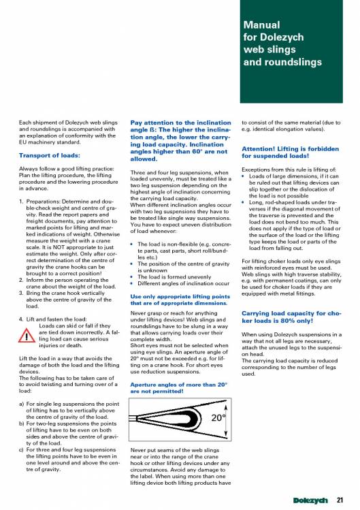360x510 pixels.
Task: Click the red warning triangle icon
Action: (27, 335)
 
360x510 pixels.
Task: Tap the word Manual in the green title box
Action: (261, 25)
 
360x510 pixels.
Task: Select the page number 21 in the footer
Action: (340, 500)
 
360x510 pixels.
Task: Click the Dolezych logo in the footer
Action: (310, 500)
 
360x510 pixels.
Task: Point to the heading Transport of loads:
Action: (50, 155)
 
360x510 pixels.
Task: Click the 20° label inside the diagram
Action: (218, 417)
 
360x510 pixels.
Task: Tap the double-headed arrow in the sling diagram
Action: (226, 419)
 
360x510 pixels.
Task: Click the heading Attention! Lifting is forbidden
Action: (291, 153)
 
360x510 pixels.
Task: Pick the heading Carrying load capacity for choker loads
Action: (291, 317)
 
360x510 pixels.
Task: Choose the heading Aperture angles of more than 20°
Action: (178, 387)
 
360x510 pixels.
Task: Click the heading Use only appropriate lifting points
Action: (180, 300)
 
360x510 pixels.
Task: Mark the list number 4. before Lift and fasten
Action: (21, 319)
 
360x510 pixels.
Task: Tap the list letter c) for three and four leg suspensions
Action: (22, 449)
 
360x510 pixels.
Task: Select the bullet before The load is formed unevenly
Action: (132, 277)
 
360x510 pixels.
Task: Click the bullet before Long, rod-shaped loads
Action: (243, 202)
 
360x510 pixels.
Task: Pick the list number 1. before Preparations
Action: (21, 202)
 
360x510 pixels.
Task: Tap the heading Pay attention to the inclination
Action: (180, 140)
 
